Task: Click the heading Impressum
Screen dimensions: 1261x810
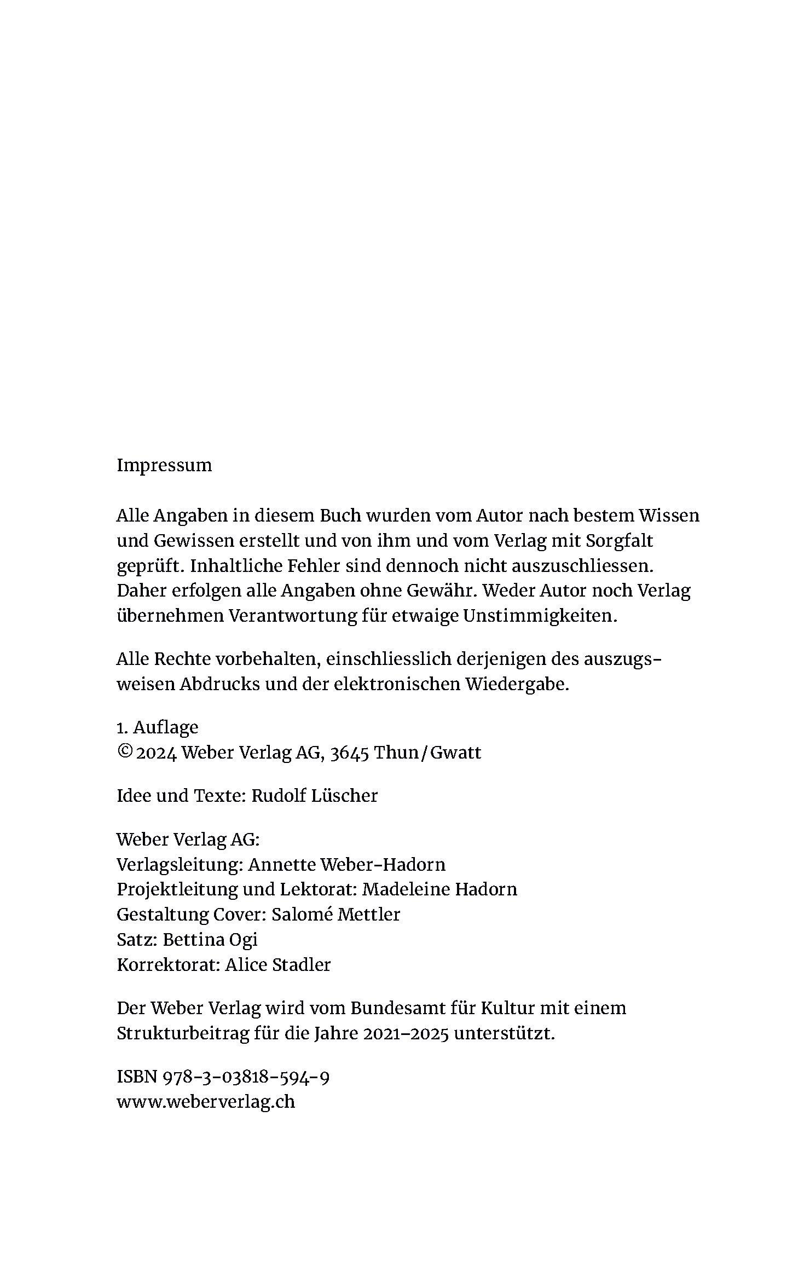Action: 164,466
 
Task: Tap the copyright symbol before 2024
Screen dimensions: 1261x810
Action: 124,752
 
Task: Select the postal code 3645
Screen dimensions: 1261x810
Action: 350,753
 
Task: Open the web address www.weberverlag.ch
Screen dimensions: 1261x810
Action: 206,1102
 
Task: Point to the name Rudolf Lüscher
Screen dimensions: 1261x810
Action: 314,796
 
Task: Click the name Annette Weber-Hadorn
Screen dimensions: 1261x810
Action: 347,864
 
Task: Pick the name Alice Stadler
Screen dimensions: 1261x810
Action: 278,964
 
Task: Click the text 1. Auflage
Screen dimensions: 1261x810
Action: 158,727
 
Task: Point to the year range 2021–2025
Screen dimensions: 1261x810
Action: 406,1033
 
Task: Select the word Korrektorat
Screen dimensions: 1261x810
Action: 169,964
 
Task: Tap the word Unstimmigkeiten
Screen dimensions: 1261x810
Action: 540,616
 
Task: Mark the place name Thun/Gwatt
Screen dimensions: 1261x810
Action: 427,753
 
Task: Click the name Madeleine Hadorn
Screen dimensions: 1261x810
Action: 439,889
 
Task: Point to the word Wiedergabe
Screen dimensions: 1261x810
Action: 517,684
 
